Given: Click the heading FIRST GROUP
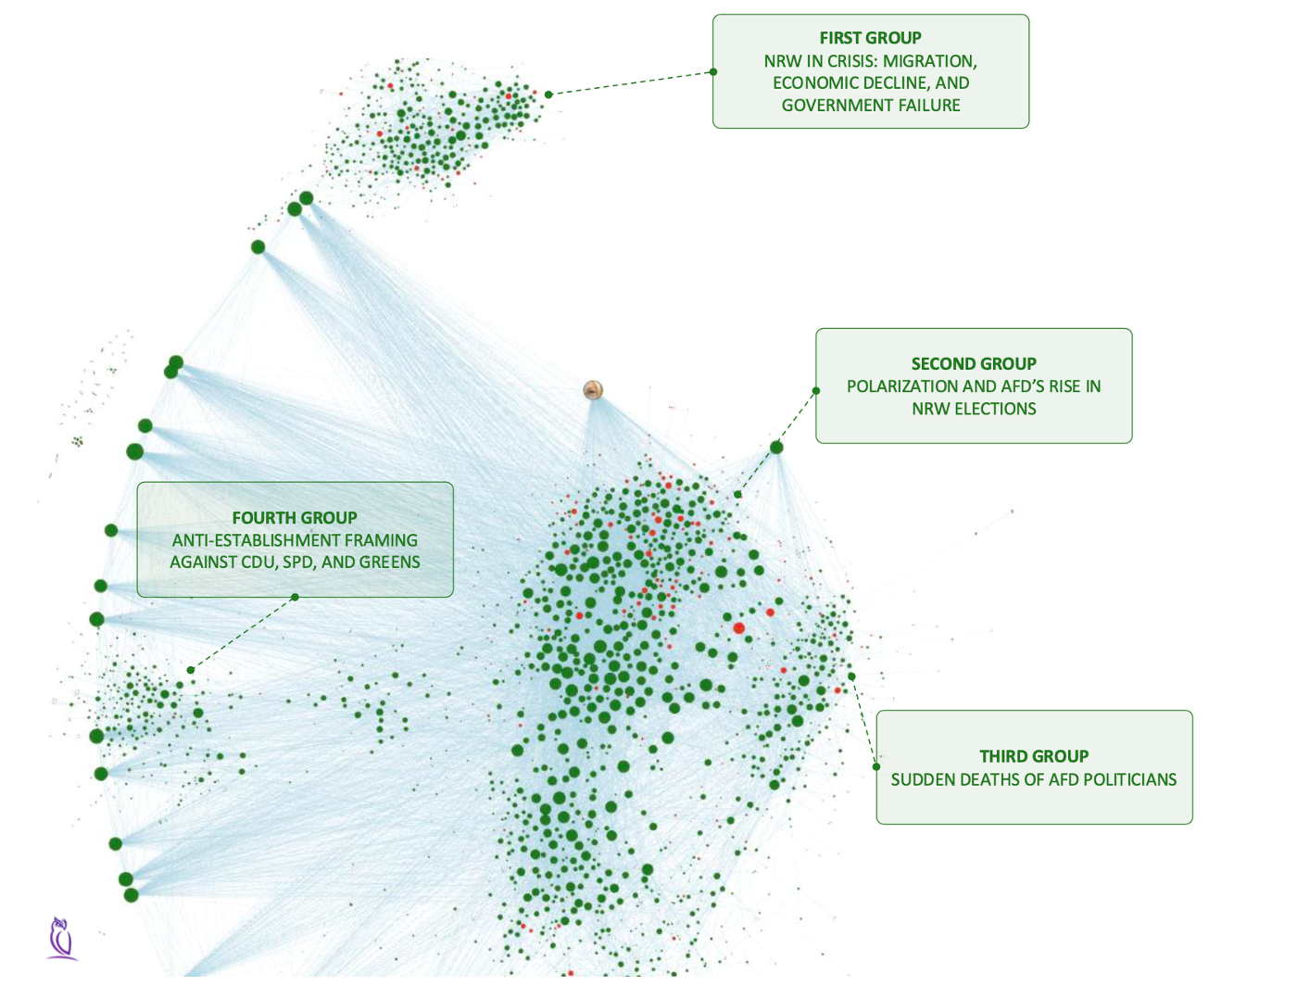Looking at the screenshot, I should click(870, 38).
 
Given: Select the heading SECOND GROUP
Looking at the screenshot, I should click(974, 364).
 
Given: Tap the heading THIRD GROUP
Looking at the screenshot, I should click(1034, 756).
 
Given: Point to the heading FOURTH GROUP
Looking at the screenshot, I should click(295, 518).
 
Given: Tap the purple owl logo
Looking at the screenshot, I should click(61, 938).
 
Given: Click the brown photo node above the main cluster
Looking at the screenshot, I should click(594, 390).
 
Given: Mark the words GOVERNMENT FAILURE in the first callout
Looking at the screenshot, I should click(871, 106).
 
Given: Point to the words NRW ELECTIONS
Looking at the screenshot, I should click(974, 409).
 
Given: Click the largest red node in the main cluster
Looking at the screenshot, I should click(738, 628).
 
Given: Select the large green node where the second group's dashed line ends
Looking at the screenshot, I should click(776, 448).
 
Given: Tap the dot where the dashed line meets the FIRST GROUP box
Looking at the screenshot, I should click(713, 71).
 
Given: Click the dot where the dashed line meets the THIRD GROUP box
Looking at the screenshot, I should click(876, 767).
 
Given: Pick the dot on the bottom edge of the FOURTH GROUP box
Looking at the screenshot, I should click(295, 597).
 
